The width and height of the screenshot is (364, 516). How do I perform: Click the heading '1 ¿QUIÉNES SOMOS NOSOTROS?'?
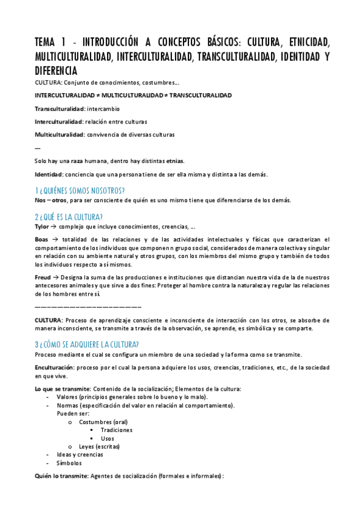pos(80,190)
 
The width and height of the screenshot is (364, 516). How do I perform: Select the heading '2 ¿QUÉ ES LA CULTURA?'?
pos(69,217)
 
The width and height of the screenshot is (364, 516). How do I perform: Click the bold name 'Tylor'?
pos(43,226)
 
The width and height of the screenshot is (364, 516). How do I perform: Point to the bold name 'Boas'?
pos(42,240)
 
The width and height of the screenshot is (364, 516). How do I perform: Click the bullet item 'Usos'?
pos(107,438)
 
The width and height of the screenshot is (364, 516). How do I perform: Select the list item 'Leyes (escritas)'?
pos(99,446)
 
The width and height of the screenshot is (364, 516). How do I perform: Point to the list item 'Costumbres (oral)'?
pos(103,422)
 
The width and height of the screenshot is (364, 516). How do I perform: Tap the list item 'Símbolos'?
pos(69,463)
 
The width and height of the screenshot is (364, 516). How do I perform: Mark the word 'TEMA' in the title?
pos(46,43)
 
